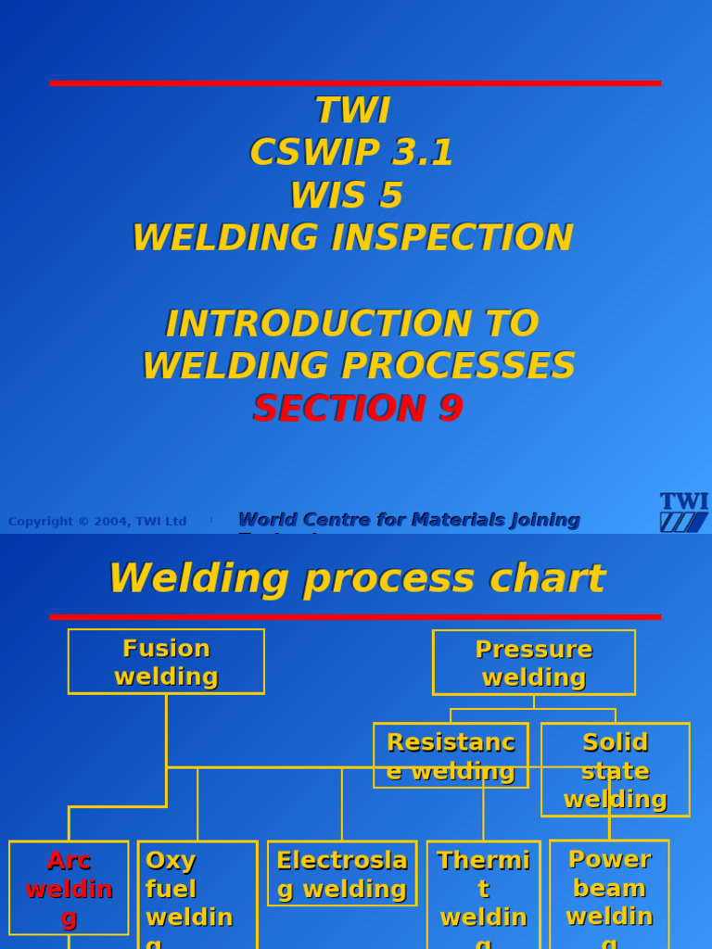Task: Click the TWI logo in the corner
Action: tap(683, 512)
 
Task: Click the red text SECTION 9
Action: tap(358, 409)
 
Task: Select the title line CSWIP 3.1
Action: tap(351, 153)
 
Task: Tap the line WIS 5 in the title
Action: tap(346, 196)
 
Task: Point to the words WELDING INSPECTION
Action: tap(352, 238)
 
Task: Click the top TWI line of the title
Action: tap(352, 111)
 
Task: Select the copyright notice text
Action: tap(97, 522)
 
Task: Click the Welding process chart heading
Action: tap(356, 579)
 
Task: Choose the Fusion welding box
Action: tap(166, 662)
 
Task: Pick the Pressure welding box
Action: tap(533, 663)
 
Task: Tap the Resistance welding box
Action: tap(451, 755)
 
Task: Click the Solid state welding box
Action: tap(616, 770)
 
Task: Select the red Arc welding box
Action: tap(69, 887)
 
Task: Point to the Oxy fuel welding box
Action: tap(197, 894)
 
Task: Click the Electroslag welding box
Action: tap(342, 874)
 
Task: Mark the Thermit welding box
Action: tap(483, 894)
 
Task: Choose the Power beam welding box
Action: tap(609, 894)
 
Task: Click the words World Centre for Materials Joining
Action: tap(409, 520)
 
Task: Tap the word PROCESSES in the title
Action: tap(458, 366)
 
